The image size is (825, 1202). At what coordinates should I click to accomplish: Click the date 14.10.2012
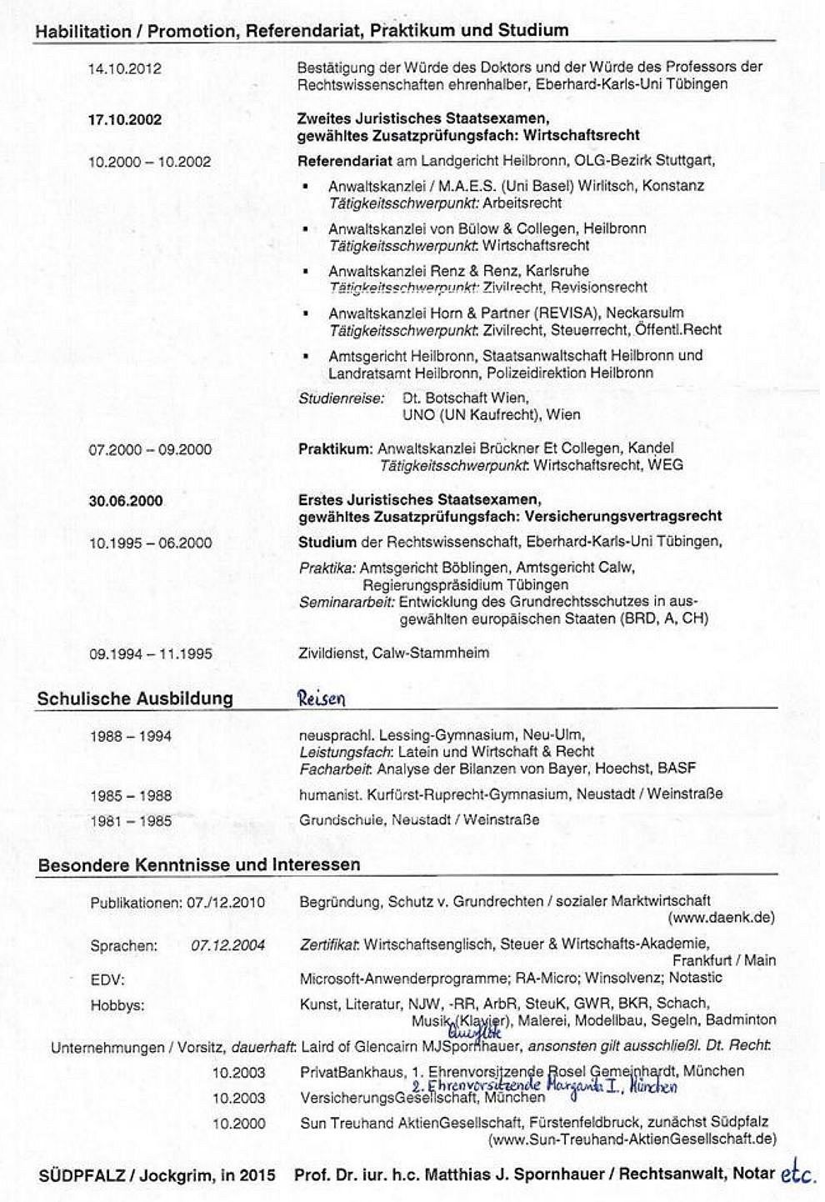pos(124,69)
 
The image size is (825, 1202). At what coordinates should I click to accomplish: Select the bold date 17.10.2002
pos(124,120)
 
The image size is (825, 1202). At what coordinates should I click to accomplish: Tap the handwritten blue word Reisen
pos(321,699)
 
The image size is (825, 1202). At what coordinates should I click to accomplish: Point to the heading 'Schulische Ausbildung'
pos(134,699)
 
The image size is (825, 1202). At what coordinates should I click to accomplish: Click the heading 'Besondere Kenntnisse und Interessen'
pos(199,864)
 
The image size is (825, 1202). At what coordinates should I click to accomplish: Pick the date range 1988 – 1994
pos(130,737)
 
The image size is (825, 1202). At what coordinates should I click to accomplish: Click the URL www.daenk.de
pos(721,918)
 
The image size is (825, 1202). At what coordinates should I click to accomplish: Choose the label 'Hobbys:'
pos(117,1006)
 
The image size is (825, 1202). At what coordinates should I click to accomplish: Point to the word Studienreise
pos(341,398)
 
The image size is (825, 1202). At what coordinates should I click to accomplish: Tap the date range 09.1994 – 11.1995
pos(150,654)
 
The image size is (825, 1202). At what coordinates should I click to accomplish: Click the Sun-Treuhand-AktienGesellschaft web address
pos(633,1139)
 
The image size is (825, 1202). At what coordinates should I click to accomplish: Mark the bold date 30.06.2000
pos(125,501)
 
